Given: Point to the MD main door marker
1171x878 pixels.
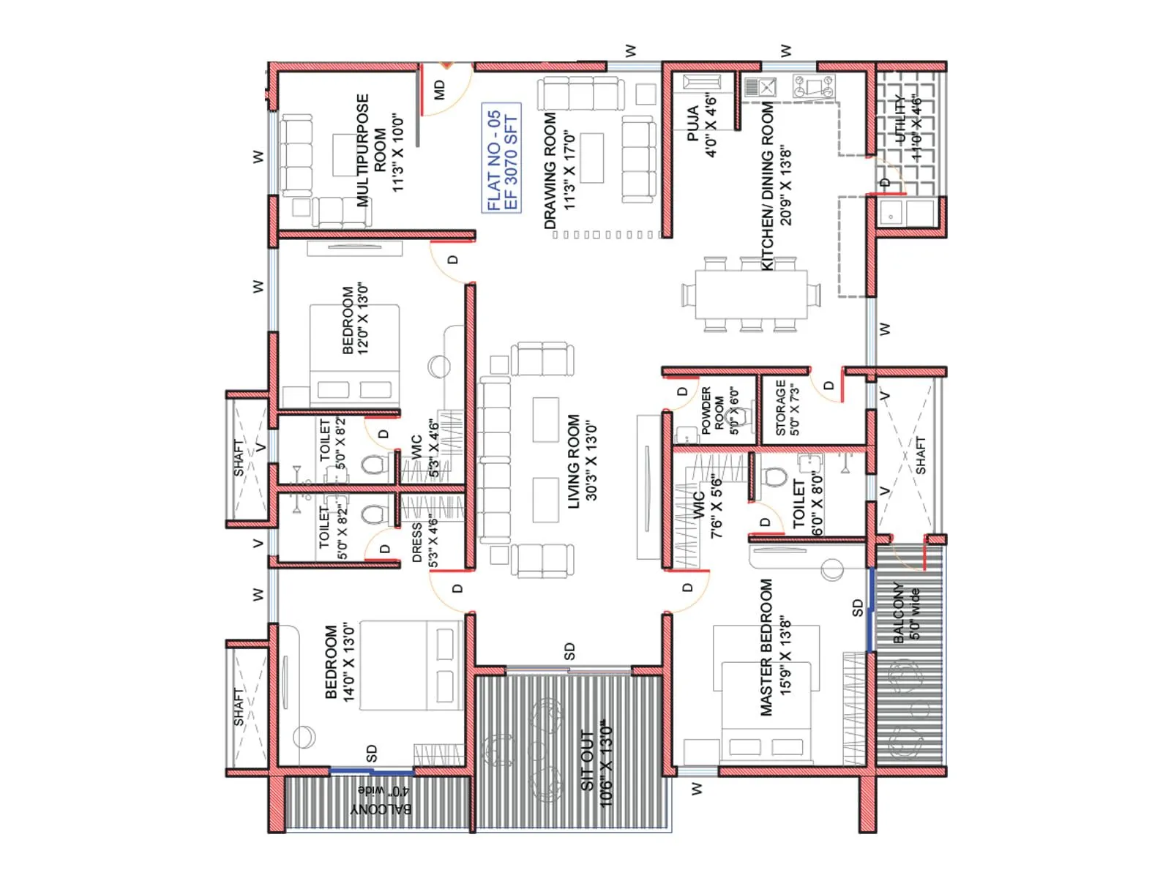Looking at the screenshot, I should (439, 90).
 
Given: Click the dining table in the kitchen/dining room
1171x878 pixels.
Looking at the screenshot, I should (751, 294).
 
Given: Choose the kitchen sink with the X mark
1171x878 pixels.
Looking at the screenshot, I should (760, 88).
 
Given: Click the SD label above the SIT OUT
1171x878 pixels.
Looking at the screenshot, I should (569, 651).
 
